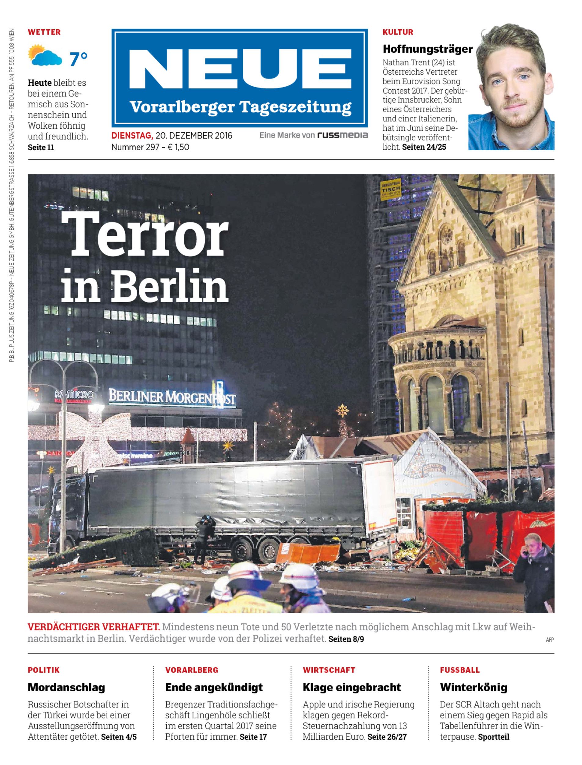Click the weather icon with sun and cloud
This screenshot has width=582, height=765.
[45, 55]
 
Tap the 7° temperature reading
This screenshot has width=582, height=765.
[79, 59]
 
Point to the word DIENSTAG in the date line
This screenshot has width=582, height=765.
[132, 135]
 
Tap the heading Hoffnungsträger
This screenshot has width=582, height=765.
[427, 49]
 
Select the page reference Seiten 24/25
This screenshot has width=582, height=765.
[424, 147]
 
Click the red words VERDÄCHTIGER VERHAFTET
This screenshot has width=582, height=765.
[94, 627]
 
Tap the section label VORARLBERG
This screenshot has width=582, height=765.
[192, 670]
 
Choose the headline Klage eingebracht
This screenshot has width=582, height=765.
[352, 687]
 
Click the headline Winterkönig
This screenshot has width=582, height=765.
[473, 687]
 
